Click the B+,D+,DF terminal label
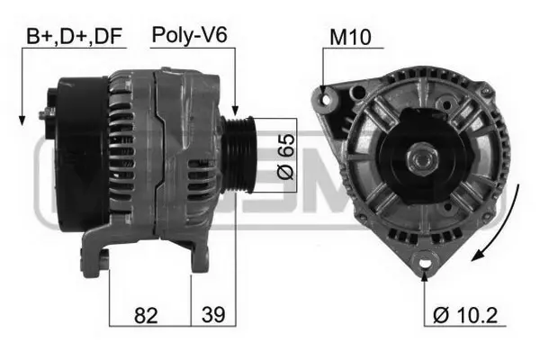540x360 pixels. pos(74,36)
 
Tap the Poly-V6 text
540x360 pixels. pos(189,35)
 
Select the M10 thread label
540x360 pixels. pos(350,37)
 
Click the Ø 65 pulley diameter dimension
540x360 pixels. pos(286,156)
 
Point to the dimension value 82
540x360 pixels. pos(146,315)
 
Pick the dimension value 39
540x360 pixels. pos(213,314)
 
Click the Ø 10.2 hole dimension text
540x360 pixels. pos(465,315)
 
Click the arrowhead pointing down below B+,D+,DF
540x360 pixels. pos(22,120)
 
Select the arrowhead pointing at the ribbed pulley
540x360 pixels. pos(235,110)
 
